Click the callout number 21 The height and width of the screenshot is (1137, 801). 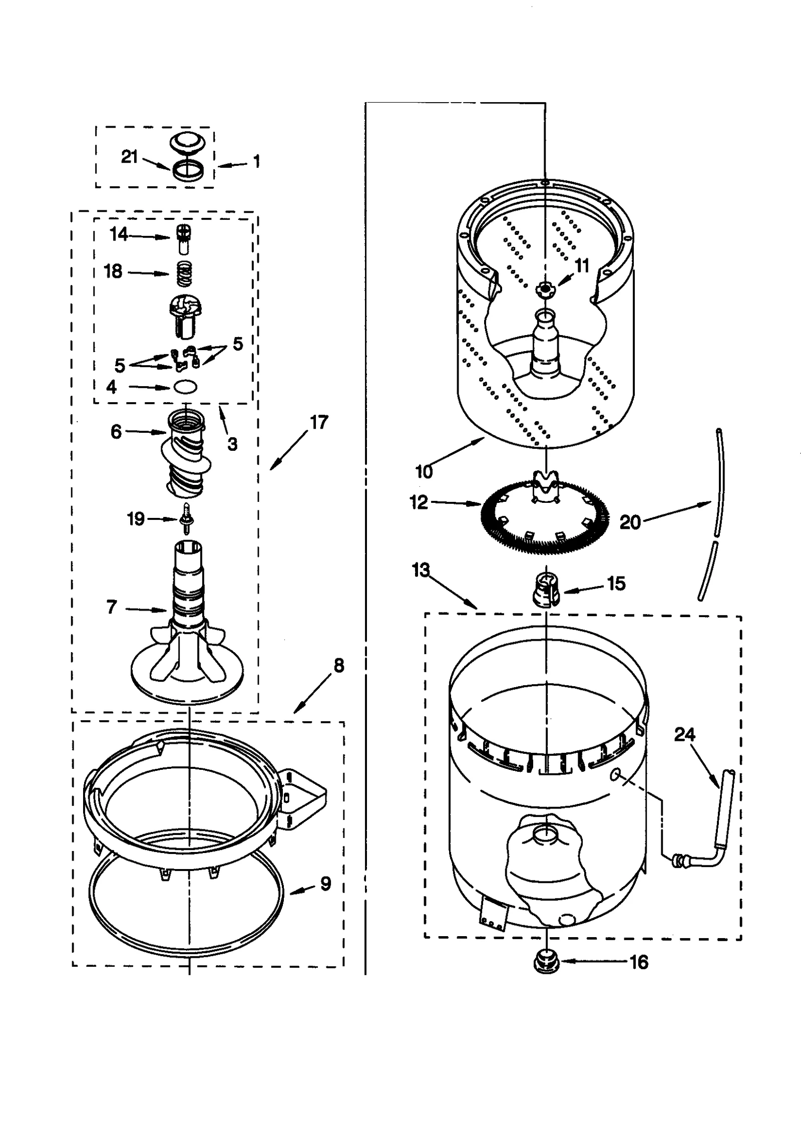[x=129, y=157]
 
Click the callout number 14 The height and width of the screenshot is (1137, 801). [x=119, y=234]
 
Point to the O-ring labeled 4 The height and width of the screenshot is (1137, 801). [x=185, y=387]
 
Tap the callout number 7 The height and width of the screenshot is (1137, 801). [x=112, y=607]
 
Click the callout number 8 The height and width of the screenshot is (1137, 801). [x=338, y=666]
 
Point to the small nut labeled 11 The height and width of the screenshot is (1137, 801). [x=543, y=288]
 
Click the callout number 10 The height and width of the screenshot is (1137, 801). [x=424, y=471]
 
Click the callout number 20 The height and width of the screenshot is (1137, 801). [x=630, y=522]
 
